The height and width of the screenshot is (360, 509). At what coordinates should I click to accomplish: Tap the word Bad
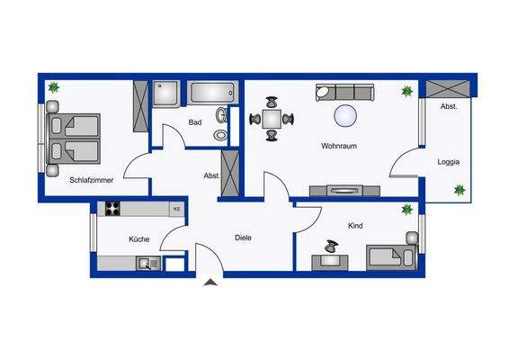pyautogui.click(x=194, y=122)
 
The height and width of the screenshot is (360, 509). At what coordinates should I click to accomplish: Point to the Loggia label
pyautogui.click(x=449, y=162)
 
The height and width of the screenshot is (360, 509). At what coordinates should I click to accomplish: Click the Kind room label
pyautogui.click(x=354, y=227)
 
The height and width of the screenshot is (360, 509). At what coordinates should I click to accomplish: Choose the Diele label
pyautogui.click(x=243, y=238)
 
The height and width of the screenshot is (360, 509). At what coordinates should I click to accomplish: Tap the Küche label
pyautogui.click(x=138, y=238)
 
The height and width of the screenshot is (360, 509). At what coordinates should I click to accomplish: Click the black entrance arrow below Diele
pyautogui.click(x=210, y=284)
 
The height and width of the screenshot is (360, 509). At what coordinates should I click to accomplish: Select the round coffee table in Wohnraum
pyautogui.click(x=345, y=115)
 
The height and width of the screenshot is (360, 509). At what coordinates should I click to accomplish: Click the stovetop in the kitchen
pyautogui.click(x=114, y=209)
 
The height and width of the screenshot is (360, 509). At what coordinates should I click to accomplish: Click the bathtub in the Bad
pyautogui.click(x=211, y=93)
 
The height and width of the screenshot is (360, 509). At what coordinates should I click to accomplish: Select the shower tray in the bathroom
pyautogui.click(x=166, y=94)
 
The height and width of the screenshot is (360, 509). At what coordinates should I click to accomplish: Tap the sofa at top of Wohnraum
pyautogui.click(x=344, y=92)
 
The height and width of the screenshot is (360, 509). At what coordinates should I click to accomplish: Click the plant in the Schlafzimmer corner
pyautogui.click(x=52, y=87)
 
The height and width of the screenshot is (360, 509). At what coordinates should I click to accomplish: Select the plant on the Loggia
pyautogui.click(x=460, y=190)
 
